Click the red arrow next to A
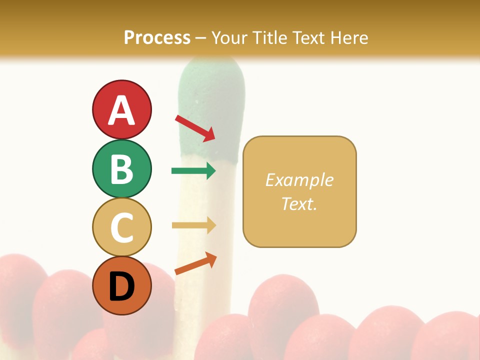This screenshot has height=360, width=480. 195,128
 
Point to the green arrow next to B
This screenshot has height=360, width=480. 193,171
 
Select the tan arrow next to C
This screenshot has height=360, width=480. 193,225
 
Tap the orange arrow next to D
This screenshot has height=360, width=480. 195,263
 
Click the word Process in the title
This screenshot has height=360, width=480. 157,37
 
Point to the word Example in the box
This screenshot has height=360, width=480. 299,180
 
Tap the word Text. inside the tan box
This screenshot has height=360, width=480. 299,203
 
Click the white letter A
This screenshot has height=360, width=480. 121,111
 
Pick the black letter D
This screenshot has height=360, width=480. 121,286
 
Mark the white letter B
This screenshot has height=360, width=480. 121,169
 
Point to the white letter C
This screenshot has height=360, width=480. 121,227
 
